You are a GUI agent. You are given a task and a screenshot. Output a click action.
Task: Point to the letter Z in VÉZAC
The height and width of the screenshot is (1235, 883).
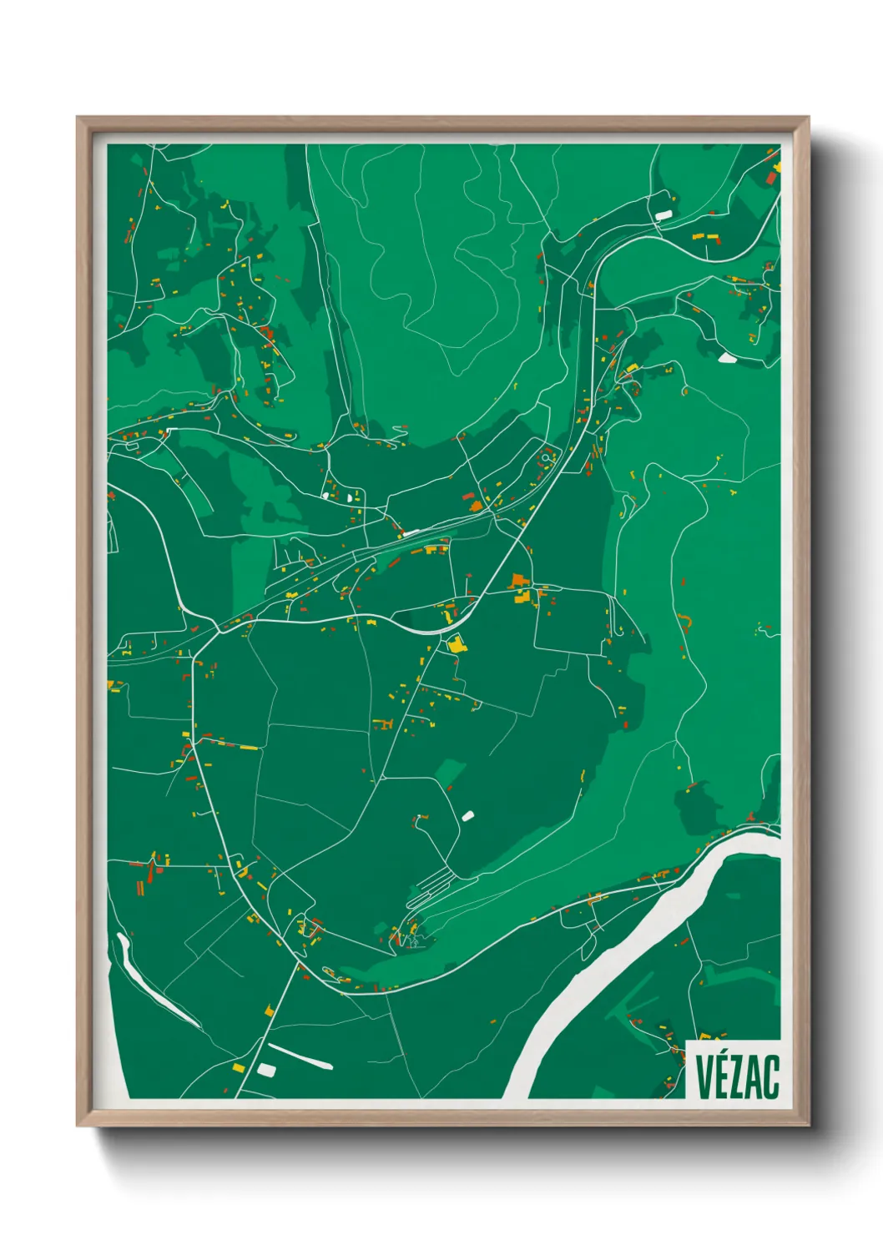(x=738, y=1076)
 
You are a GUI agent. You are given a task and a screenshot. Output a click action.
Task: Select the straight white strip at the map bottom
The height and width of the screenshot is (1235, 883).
(x=300, y=1056)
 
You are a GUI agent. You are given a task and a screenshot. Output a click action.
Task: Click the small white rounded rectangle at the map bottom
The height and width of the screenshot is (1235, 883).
(x=266, y=1069)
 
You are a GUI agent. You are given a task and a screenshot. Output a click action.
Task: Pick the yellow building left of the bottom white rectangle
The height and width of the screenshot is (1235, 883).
(x=238, y=1067)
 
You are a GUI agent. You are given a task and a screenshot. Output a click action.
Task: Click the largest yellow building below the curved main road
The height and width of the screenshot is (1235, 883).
(x=457, y=643)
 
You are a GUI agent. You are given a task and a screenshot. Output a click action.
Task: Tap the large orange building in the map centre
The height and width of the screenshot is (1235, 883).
(x=519, y=582)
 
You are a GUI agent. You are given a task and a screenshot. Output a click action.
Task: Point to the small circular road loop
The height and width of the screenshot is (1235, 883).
(x=547, y=457)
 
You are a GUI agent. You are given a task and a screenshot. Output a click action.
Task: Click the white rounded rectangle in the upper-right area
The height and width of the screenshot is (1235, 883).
(x=664, y=214)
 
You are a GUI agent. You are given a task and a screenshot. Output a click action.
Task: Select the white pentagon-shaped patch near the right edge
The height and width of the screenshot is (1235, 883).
(x=727, y=357)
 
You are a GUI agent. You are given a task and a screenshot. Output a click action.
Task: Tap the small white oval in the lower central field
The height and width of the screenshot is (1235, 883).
(x=467, y=815)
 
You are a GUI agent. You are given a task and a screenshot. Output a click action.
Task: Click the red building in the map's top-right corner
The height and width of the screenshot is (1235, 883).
(x=770, y=176)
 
